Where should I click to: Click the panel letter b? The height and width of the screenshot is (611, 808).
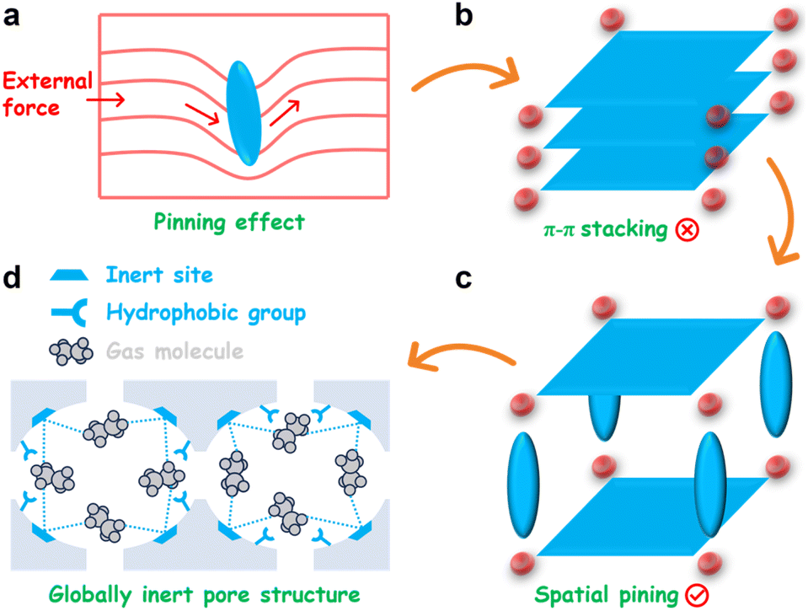point(465,16)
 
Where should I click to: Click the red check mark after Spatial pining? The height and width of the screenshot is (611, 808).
point(694,595)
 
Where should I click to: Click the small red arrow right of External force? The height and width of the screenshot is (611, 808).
point(114,100)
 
